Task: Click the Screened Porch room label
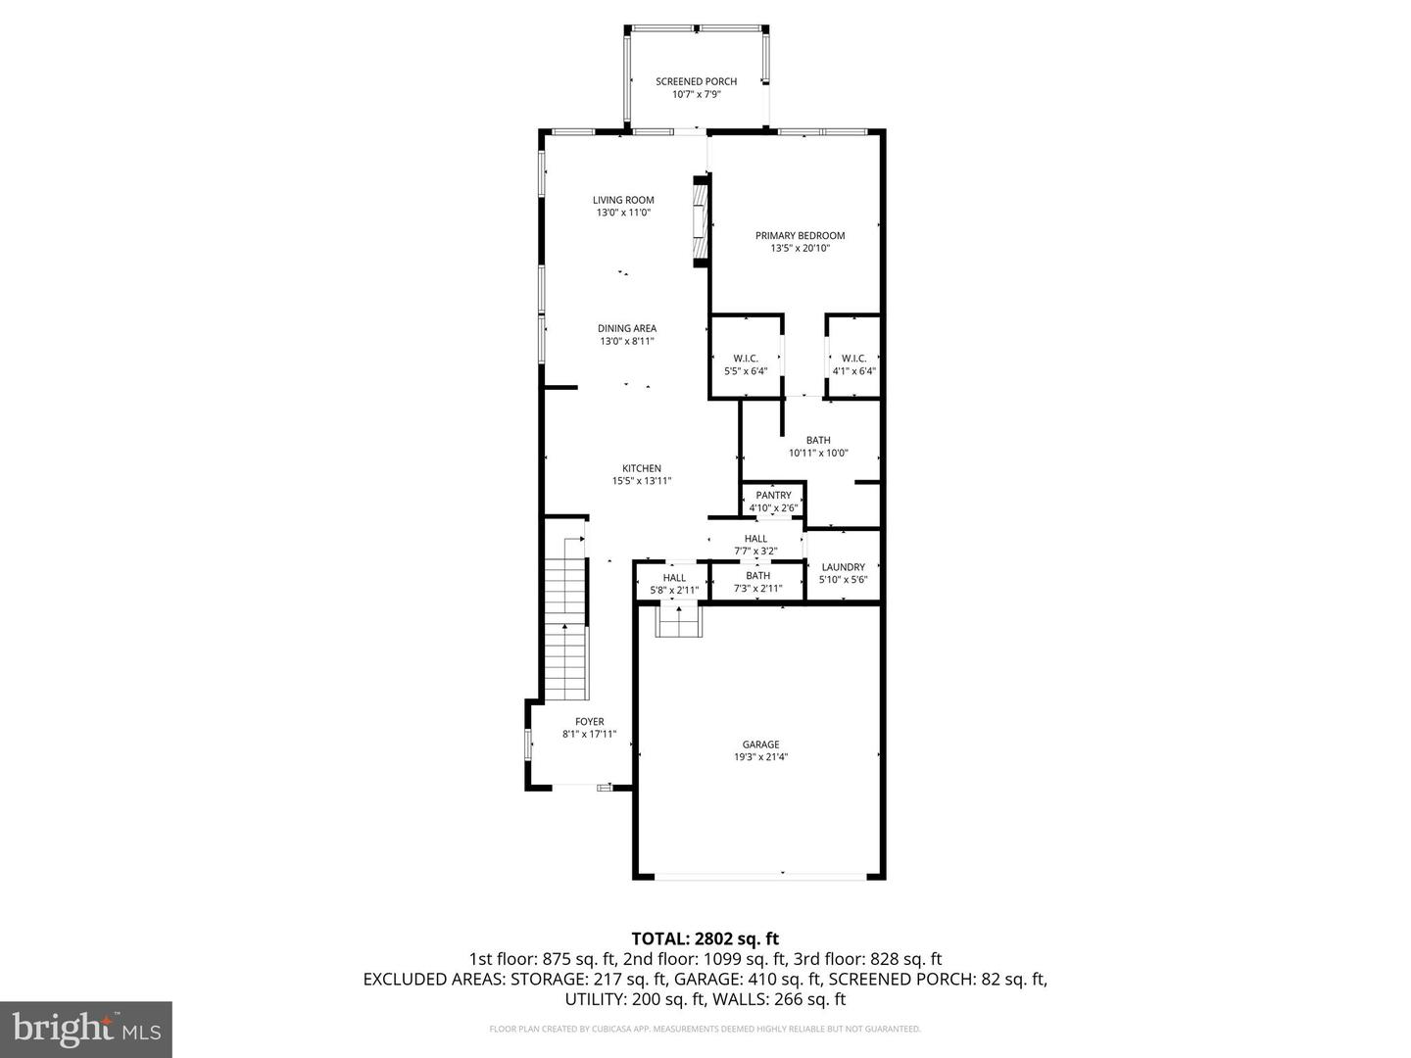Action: pos(696,81)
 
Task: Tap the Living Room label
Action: pos(623,200)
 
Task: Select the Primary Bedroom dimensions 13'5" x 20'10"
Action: pos(800,249)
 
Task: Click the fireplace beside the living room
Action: pos(699,221)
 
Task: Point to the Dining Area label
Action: pos(627,328)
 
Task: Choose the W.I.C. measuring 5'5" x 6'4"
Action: pos(746,364)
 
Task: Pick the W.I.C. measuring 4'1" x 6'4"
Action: pos(853,364)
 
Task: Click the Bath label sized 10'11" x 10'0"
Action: pos(818,440)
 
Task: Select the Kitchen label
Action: pos(642,468)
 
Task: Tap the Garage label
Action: pos(760,745)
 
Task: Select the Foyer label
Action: pos(589,722)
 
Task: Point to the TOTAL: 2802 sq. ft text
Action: pos(705,938)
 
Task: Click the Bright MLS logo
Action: pos(86,1029)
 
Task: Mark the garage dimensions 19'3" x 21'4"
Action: pos(760,757)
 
